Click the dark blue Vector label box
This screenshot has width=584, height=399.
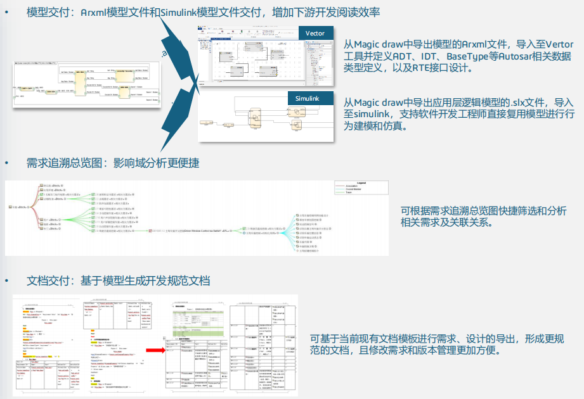click(x=315, y=34)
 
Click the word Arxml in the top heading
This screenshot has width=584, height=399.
click(x=94, y=12)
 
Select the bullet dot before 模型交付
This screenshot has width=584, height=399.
click(x=7, y=12)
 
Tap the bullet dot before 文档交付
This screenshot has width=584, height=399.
click(x=7, y=280)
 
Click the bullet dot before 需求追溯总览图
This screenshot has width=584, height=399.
click(x=7, y=163)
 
